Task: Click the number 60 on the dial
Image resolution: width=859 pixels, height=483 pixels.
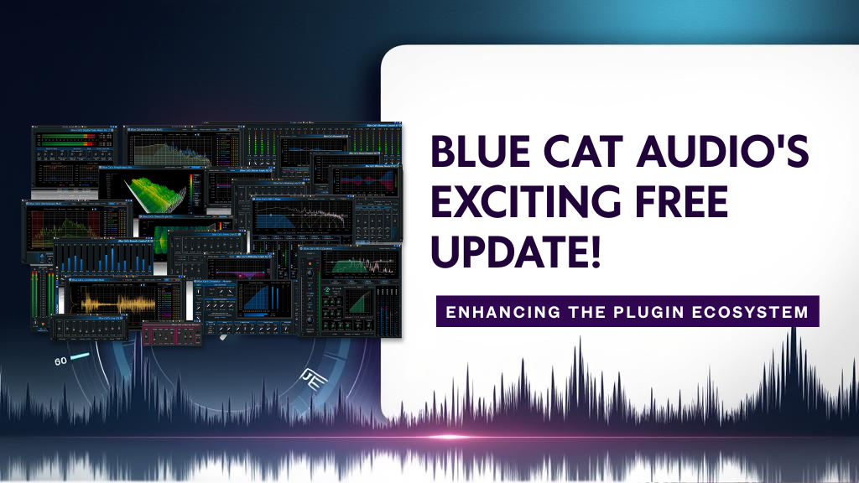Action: tap(60, 361)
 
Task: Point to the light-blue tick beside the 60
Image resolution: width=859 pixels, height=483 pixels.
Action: tap(80, 357)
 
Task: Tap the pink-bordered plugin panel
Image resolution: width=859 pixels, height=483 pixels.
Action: tap(172, 334)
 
